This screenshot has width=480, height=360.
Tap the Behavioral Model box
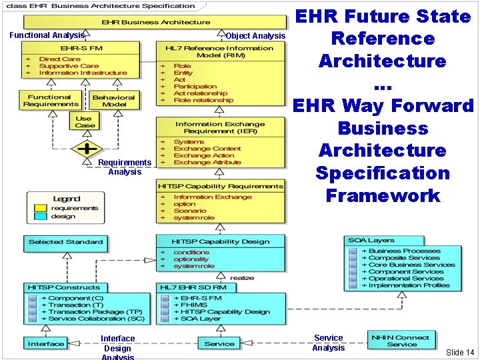(113, 101)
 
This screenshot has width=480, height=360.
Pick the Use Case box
(85, 121)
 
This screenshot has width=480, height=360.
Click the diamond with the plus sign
(87, 148)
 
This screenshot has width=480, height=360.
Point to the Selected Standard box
(65, 242)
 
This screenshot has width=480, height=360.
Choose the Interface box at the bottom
(46, 344)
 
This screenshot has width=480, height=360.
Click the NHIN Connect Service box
(401, 340)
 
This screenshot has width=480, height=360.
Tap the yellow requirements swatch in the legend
(40, 207)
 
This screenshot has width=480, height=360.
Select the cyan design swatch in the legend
(40, 217)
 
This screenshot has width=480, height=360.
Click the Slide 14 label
(460, 352)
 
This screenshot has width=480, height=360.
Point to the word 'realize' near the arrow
(242, 277)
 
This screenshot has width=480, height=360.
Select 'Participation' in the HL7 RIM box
(195, 87)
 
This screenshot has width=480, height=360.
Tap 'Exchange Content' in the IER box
(207, 149)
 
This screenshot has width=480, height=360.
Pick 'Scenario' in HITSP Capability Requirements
(191, 211)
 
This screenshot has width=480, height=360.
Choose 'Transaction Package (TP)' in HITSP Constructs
(95, 312)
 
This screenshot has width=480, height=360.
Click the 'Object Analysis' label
(255, 35)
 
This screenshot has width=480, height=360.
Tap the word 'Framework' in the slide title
(383, 196)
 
